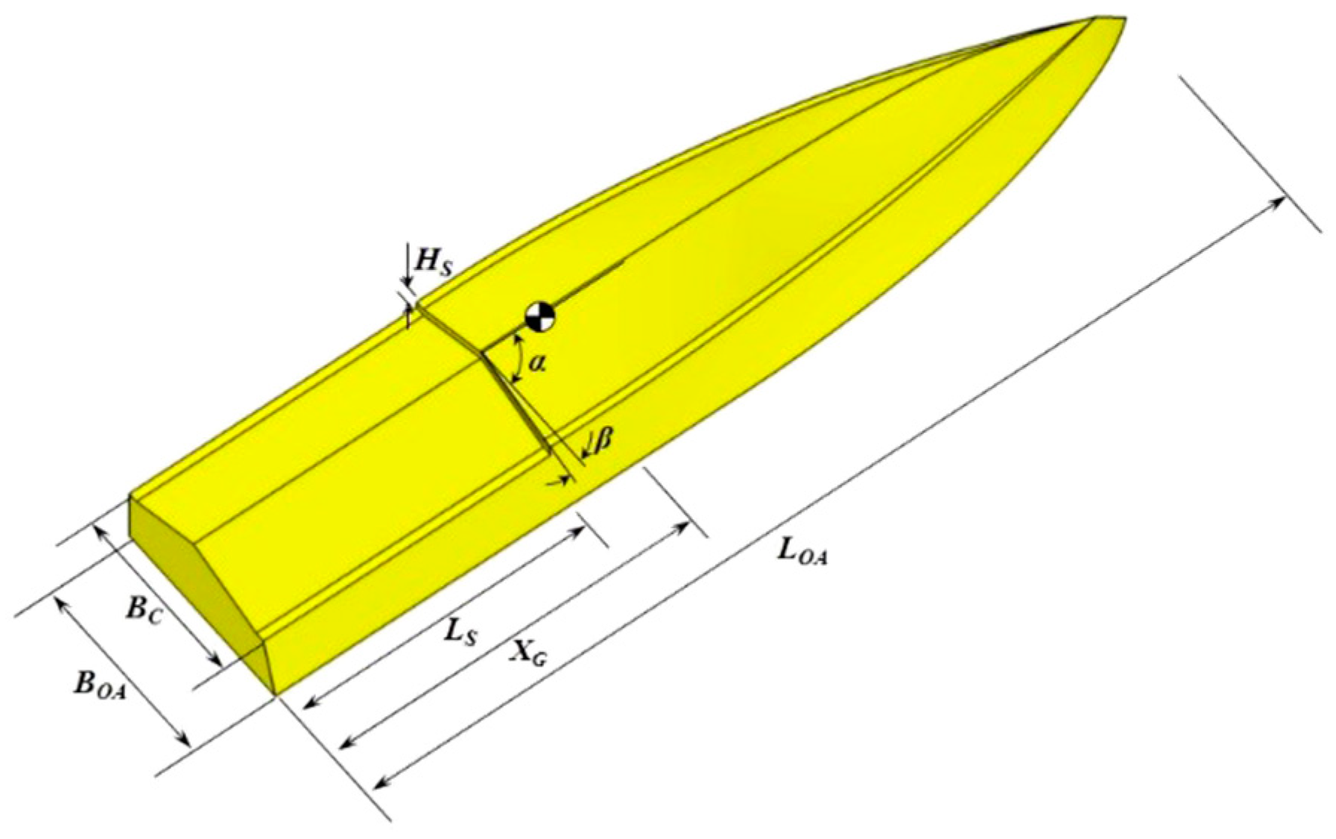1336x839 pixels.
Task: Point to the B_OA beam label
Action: tap(98, 684)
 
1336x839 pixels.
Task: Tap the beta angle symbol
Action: tap(603, 441)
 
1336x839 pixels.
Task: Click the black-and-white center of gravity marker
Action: tap(539, 316)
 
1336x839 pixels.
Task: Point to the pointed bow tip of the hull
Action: tap(1101, 18)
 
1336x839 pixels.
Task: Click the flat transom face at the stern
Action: tap(197, 589)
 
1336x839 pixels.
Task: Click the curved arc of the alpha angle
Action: tap(515, 359)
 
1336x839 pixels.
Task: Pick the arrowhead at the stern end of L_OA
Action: tap(378, 784)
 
